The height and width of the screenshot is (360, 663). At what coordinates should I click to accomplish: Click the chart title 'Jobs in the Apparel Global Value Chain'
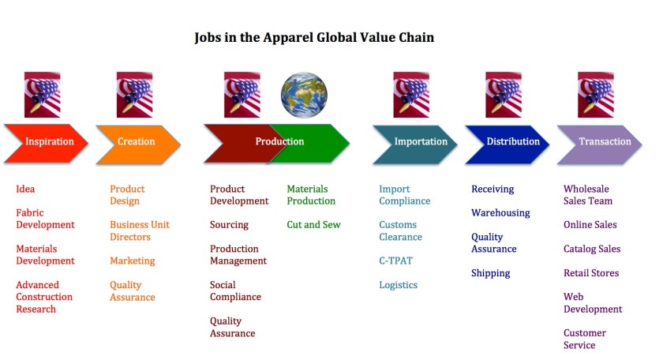(314, 37)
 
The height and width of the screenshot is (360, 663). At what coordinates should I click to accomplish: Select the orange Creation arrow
(136, 142)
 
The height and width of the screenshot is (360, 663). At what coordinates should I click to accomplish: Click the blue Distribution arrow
(511, 142)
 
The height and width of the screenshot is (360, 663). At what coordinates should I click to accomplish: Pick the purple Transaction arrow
(603, 142)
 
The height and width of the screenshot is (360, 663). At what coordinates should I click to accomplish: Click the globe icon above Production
(304, 95)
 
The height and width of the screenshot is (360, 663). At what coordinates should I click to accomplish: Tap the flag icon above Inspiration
(42, 95)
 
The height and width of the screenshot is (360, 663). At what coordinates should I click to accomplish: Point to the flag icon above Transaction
(595, 95)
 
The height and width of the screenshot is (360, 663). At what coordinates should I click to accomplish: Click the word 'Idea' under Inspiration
(25, 189)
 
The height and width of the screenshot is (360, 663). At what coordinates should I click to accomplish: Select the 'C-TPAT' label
(395, 261)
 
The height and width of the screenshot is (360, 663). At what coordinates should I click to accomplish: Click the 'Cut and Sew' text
(313, 225)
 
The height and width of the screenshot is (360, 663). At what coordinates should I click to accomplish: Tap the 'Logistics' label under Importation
(398, 285)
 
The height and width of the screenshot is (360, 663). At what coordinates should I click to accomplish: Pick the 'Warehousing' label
(500, 213)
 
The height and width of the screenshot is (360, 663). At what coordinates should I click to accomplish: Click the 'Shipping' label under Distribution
(490, 273)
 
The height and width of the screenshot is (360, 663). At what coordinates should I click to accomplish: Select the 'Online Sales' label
(590, 225)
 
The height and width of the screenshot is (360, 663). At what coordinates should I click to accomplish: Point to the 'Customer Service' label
(584, 339)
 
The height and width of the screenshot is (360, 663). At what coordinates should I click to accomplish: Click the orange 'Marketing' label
(132, 261)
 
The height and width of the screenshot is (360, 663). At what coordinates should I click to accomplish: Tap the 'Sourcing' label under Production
(229, 225)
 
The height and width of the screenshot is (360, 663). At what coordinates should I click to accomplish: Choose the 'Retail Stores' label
(590, 273)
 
